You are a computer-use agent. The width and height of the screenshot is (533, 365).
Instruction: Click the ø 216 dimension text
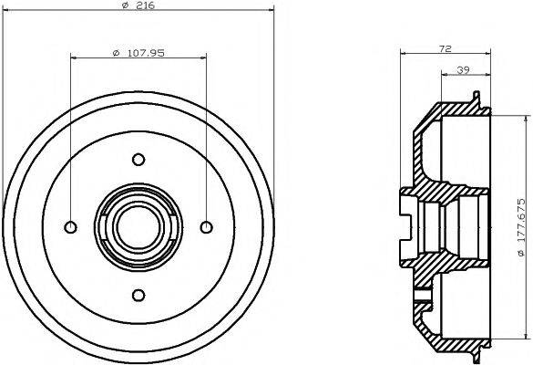point(138,7)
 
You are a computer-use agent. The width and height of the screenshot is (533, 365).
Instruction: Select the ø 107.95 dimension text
point(138,52)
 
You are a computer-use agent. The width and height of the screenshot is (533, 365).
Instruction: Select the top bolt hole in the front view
point(138,159)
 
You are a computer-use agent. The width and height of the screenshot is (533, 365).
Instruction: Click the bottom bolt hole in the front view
point(138,294)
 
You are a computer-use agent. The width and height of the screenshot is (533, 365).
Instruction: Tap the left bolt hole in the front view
point(70,226)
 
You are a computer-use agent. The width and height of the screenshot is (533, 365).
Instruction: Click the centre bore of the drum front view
point(138,226)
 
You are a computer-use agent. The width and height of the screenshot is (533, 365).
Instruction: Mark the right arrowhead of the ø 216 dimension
point(271,15)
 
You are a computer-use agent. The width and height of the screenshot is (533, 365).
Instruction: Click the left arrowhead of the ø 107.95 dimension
point(74,59)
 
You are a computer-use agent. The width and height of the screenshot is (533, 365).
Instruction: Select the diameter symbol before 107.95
point(115,52)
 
